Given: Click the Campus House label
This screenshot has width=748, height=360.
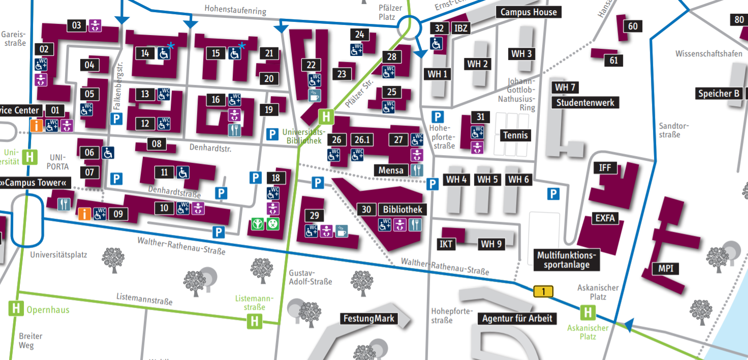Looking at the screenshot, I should point(529,12).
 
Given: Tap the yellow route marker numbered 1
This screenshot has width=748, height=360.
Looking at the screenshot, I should point(543,291).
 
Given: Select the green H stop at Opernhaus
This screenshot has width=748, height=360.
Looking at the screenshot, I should point(16,308).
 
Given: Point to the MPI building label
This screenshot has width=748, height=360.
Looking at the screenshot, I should point(666,268).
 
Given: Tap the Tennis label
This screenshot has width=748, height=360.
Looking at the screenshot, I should point(516,135).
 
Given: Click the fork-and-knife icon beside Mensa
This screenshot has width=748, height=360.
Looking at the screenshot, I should point(416,170).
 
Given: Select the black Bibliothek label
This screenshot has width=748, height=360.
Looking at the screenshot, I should point(402,209).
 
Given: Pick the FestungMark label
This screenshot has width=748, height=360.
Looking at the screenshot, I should point(368,319).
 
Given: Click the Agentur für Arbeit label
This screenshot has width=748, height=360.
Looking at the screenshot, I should point(517,319).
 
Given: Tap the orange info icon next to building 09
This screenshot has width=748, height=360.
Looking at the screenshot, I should point(84,214).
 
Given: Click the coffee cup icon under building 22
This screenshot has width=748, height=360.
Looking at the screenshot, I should point(315,95).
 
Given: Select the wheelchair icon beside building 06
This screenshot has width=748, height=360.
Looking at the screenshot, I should point(108,153).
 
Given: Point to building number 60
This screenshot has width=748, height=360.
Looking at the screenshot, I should point(633,26).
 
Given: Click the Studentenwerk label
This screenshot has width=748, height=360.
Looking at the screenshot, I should point(585,103).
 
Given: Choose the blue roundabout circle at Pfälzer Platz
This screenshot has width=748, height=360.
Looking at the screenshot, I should point(410,27).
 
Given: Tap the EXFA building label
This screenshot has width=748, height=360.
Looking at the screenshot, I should point(605,219).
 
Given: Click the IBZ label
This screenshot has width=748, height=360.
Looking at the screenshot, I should point(461,28).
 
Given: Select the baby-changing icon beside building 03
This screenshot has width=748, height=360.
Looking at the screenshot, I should point(95,25).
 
